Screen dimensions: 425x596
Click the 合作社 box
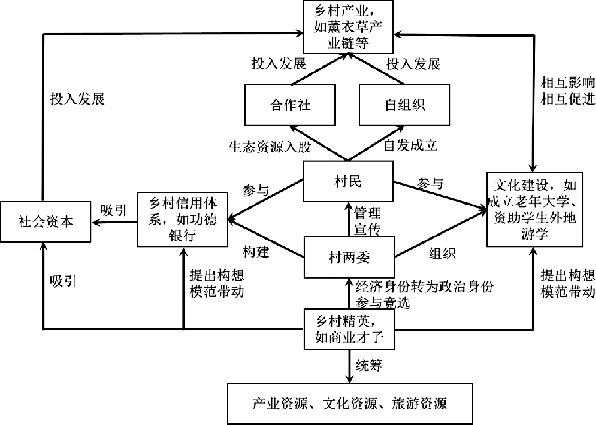click(290, 105)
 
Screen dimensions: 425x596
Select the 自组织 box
click(404, 105)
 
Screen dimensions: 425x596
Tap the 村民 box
click(348, 181)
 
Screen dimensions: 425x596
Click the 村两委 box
click(349, 257)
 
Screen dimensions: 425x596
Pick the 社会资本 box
click(46, 222)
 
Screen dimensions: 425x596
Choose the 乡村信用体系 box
click(182, 219)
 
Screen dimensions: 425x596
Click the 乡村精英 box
click(349, 329)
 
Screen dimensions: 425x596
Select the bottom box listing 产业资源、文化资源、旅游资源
click(350, 403)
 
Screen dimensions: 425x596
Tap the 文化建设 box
click(534, 209)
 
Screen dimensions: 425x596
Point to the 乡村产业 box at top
click(348, 27)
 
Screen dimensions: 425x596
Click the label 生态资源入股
click(270, 147)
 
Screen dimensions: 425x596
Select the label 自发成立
click(410, 145)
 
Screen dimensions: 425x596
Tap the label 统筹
click(369, 365)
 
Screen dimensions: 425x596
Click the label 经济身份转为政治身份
click(424, 286)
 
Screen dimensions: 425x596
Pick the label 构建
click(256, 252)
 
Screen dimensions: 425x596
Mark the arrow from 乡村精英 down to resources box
click(349, 366)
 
